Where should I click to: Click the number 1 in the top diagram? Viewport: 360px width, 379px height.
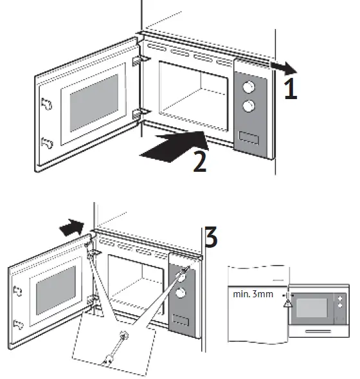click(291, 88)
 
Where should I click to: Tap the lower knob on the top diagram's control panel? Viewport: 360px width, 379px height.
click(247, 106)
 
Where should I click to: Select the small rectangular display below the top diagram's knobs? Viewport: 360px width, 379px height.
click(248, 136)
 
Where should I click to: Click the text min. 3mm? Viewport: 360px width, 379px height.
click(253, 295)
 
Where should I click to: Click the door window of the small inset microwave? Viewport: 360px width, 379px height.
click(311, 306)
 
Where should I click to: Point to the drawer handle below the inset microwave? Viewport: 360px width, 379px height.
click(319, 331)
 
